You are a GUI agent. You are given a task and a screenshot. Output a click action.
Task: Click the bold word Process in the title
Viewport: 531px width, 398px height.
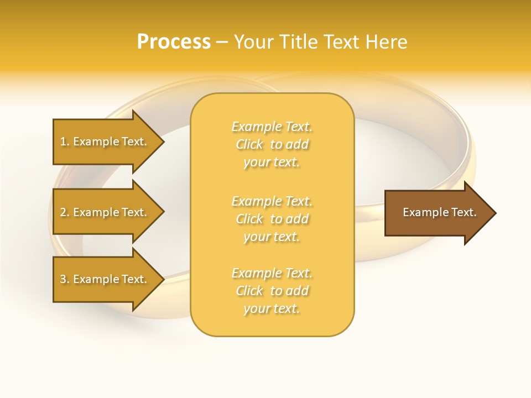tap(174, 42)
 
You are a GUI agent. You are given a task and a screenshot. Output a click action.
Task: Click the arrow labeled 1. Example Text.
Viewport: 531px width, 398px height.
tap(105, 142)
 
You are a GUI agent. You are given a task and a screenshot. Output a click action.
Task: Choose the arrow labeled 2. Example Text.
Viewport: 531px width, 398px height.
tap(105, 212)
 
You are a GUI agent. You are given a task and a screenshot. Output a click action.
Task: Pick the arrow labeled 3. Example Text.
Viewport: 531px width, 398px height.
tap(105, 279)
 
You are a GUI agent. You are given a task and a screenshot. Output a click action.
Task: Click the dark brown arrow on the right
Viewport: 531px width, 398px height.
tap(437, 213)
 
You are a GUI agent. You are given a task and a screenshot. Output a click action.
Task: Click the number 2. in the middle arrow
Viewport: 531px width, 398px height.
tap(65, 212)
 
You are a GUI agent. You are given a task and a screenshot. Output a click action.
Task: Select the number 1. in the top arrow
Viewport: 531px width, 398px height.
tap(65, 142)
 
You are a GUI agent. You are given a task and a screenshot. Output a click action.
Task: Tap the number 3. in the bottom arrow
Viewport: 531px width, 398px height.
tap(65, 279)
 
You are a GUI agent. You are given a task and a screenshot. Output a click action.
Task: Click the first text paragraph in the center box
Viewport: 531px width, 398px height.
tap(272, 144)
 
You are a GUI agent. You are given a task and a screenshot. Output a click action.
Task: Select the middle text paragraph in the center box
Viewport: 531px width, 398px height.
tap(272, 219)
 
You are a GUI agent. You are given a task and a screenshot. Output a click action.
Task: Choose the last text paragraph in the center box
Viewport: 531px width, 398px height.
tap(272, 291)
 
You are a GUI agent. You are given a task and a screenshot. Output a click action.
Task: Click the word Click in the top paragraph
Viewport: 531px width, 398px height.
tap(249, 144)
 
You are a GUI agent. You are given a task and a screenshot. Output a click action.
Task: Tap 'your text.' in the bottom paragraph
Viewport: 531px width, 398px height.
tap(272, 308)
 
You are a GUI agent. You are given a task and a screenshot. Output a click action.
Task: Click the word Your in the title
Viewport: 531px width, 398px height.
tap(252, 42)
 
